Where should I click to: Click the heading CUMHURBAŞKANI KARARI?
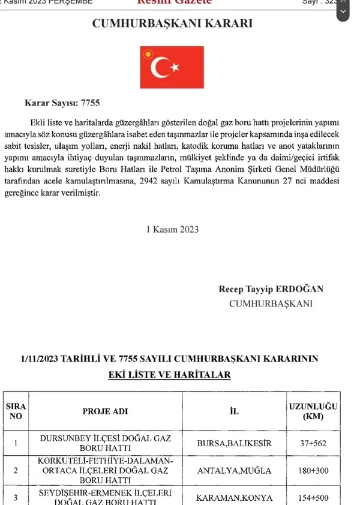point(172,25)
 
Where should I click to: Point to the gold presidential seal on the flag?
point(147,55)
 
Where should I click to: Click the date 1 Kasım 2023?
point(172,229)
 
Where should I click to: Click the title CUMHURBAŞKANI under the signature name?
point(271,303)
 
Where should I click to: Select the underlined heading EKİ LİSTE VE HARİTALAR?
point(169,375)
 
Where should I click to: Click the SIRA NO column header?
point(16,411)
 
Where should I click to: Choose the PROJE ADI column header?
point(105,411)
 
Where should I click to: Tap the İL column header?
point(235,411)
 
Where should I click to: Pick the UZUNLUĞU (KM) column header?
point(314,411)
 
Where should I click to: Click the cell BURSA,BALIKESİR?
point(235,444)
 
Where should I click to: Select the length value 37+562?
point(314,444)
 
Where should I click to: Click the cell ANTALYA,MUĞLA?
point(235,471)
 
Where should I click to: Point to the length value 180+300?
point(314,471)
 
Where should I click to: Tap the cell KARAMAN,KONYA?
point(235,498)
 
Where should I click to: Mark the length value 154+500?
point(314,498)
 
